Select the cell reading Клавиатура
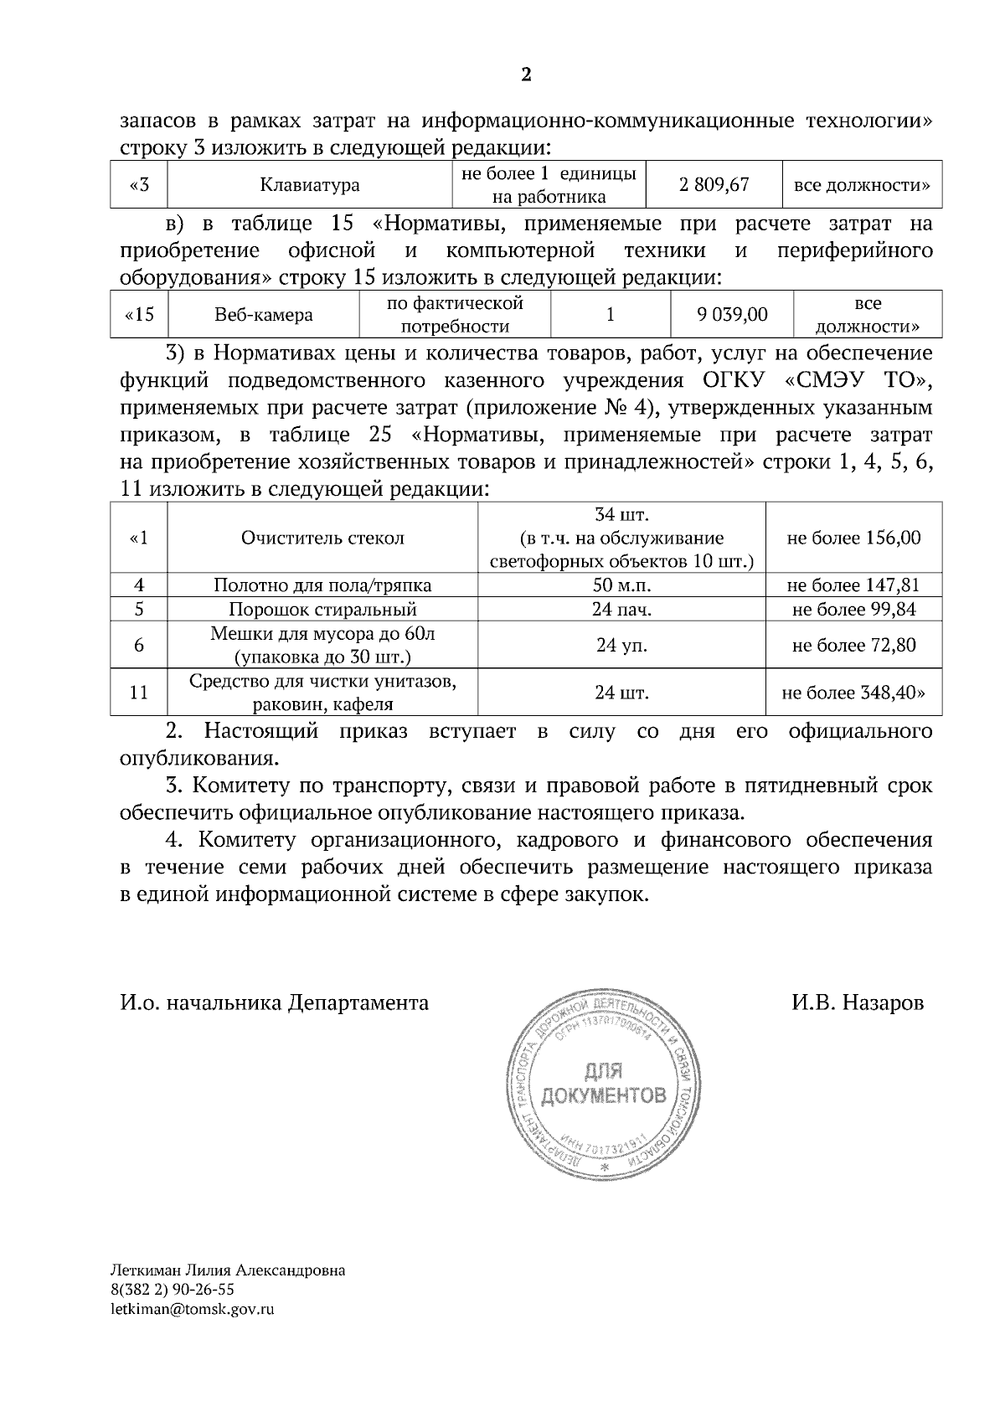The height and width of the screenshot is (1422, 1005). pyautogui.click(x=310, y=185)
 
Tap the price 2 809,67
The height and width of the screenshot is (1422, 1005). pyautogui.click(x=714, y=184)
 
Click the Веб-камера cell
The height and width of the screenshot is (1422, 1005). pyautogui.click(x=264, y=315)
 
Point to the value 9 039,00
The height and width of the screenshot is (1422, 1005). pyautogui.click(x=732, y=314)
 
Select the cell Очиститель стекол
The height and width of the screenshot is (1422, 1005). pyautogui.click(x=322, y=538)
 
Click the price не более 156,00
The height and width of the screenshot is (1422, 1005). pyautogui.click(x=853, y=538)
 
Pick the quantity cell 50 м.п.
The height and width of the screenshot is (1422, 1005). pyautogui.click(x=621, y=585)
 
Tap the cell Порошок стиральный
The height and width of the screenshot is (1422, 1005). pyautogui.click(x=322, y=610)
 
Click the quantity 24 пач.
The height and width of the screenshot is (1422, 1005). pyautogui.click(x=621, y=610)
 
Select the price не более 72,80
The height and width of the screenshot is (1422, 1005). pyautogui.click(x=853, y=645)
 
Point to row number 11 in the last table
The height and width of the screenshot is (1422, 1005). pyautogui.click(x=139, y=693)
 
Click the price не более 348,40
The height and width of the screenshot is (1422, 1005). pyautogui.click(x=853, y=693)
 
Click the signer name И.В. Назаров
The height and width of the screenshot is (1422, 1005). pyautogui.click(x=858, y=1002)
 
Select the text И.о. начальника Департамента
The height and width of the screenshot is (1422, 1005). pyautogui.click(x=275, y=1002)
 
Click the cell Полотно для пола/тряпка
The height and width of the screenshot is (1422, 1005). pyautogui.click(x=322, y=585)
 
